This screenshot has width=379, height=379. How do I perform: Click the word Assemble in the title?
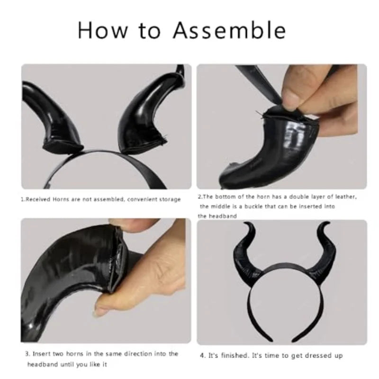pos(229,30)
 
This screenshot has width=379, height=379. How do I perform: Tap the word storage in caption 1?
pos(170,199)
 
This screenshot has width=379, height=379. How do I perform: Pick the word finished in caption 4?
pos(234,356)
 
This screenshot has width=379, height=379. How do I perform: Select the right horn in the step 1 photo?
pos(147,114)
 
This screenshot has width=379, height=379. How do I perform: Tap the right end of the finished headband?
pos(295,340)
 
